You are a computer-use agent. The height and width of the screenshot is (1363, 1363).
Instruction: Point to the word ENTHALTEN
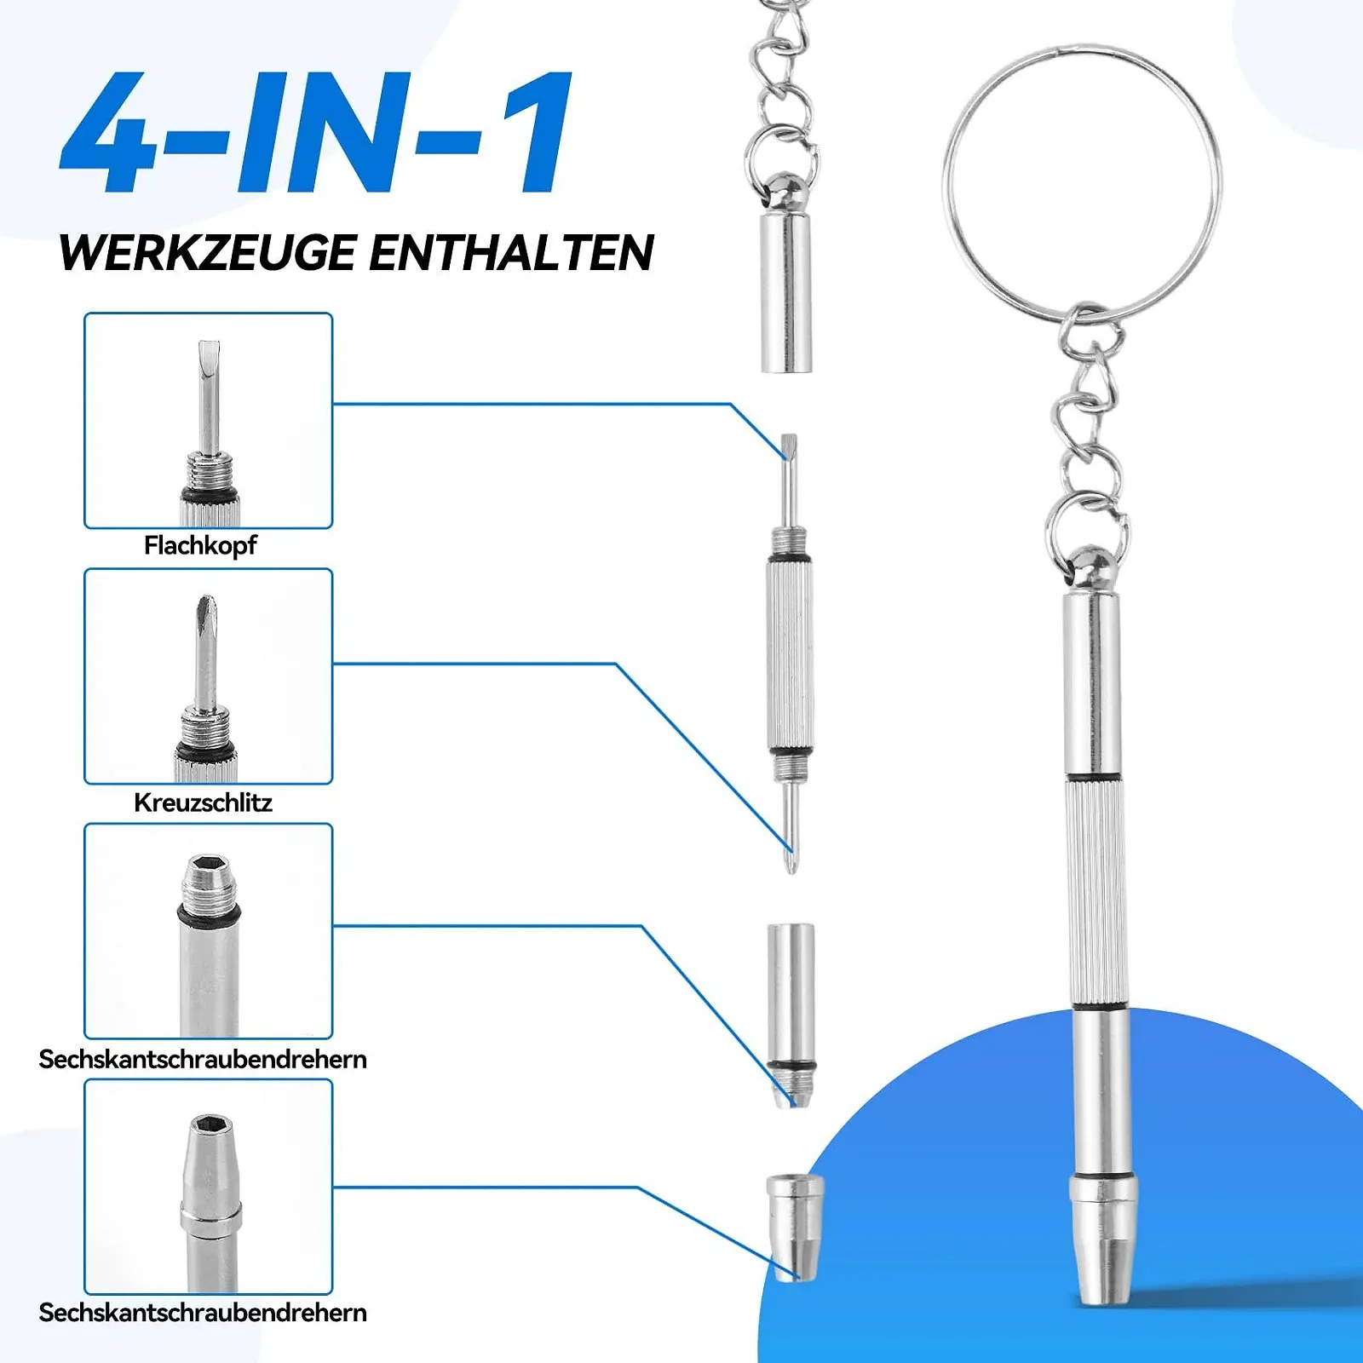pyautogui.click(x=512, y=253)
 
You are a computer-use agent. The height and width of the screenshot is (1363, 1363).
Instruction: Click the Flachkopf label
pyautogui.click(x=200, y=545)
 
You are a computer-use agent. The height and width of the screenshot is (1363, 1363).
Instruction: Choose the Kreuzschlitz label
pyautogui.click(x=203, y=802)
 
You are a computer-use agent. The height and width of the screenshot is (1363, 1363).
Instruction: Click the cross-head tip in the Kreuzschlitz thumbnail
pyautogui.click(x=206, y=610)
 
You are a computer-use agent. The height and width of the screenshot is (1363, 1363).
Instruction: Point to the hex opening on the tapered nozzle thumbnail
pyautogui.click(x=209, y=1127)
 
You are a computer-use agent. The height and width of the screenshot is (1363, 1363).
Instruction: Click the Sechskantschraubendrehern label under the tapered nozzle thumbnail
pyautogui.click(x=203, y=1313)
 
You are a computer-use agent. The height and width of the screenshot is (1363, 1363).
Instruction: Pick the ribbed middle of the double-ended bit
pyautogui.click(x=789, y=654)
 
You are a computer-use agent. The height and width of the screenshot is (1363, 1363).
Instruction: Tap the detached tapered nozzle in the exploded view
pyautogui.click(x=795, y=1227)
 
